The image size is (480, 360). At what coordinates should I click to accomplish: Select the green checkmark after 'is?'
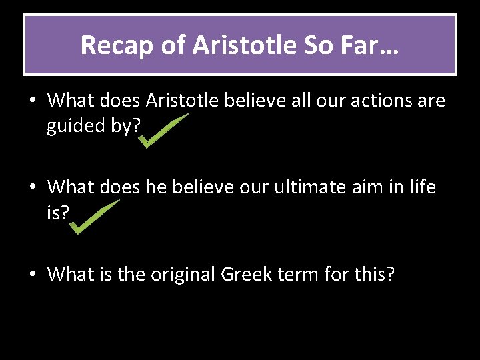(95, 216)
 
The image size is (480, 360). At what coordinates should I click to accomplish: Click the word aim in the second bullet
(373, 187)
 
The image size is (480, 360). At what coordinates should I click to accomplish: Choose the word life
(419, 187)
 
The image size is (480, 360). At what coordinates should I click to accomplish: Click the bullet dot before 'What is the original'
(32, 274)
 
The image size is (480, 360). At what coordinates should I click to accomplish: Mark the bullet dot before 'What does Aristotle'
(32, 101)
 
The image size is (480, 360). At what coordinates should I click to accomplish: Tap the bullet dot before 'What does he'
(32, 188)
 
